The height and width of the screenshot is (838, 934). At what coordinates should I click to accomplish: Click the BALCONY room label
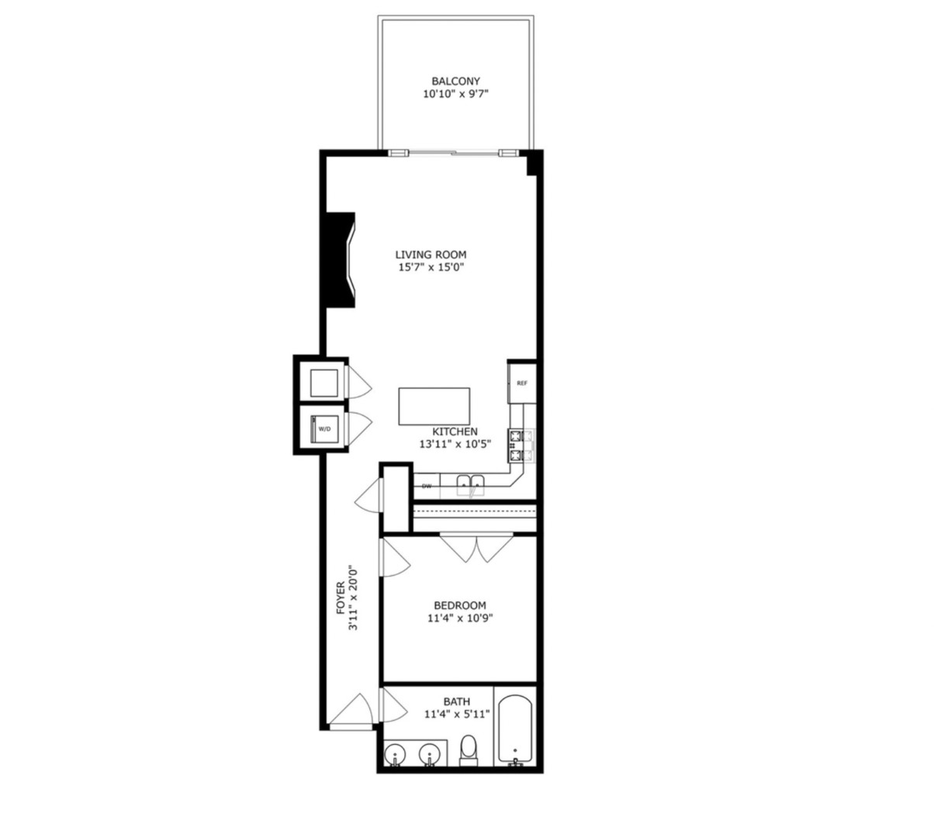coord(455,81)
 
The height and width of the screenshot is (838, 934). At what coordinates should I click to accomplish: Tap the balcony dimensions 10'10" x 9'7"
coord(455,95)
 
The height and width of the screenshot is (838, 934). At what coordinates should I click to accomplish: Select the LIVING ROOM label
coord(431,255)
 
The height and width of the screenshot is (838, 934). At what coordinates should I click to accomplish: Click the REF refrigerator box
coord(522,383)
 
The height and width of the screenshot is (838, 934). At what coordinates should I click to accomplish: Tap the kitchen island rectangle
coord(434,406)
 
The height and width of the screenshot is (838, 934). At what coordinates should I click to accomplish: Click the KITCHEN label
coord(455,431)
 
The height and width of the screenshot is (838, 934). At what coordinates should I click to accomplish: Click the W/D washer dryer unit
coord(323,428)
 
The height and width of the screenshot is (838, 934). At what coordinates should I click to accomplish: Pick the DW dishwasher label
coord(426,487)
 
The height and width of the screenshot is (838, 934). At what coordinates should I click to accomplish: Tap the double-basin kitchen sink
coord(470,486)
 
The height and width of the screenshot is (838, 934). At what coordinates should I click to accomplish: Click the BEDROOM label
coord(459,605)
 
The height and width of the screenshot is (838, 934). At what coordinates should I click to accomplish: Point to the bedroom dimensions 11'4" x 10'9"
coord(459,618)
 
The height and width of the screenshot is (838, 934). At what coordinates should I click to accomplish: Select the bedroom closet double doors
coord(476,547)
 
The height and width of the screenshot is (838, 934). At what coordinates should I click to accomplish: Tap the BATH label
coord(456,701)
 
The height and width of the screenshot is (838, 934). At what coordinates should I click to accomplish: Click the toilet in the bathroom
coord(469,750)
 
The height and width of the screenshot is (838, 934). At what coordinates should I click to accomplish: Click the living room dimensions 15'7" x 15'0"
coord(431,268)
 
